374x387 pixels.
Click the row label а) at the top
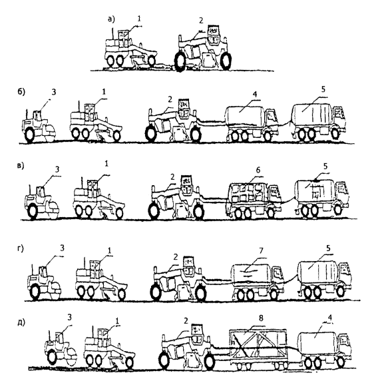[x=111, y=19]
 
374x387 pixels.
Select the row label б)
[x=21, y=92]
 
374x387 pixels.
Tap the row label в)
[x=21, y=166]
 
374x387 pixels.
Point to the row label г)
[x=21, y=249]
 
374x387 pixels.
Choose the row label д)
[x=21, y=322]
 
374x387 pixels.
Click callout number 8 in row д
[x=261, y=318]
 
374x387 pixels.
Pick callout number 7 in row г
[x=261, y=250]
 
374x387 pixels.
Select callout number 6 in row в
[x=258, y=170]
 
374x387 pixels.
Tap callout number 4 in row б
[x=255, y=94]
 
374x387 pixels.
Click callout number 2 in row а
[x=201, y=21]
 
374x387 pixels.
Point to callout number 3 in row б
[x=54, y=92]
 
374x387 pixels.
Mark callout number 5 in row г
[x=328, y=248]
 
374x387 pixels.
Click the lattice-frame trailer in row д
[x=258, y=348]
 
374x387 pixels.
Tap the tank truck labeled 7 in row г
[x=258, y=281]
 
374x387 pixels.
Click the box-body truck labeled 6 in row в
[x=254, y=200]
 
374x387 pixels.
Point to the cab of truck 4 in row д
[x=345, y=344]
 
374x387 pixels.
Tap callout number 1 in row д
[x=117, y=321]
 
